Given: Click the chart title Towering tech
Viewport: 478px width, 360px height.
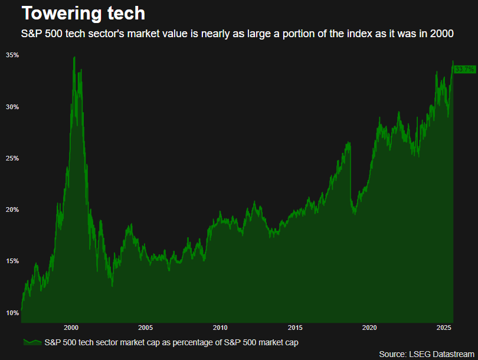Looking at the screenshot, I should point(75,13).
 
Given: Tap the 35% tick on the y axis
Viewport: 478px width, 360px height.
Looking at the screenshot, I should point(12,55).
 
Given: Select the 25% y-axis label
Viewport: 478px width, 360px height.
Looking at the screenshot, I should point(12,158).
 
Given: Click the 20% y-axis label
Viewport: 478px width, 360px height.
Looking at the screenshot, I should point(12,210).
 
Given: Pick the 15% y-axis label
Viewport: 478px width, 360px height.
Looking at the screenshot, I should point(12,261).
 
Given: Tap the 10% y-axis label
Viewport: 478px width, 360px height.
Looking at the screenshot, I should point(12,313).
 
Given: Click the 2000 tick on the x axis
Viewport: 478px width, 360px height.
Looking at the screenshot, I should point(71,328).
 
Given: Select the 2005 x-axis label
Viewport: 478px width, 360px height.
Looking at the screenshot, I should point(145,328).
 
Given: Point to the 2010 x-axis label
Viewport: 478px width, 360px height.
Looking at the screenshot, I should point(220,328).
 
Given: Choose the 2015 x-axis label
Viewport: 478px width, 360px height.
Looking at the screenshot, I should point(295,328).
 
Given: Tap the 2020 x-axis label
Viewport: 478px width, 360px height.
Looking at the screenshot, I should point(369,328).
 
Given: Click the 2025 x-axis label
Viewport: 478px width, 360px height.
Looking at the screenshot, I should point(444,328).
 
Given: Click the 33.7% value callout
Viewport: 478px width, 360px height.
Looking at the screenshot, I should point(464,70).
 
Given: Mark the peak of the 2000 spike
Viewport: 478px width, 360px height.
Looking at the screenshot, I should point(74,57).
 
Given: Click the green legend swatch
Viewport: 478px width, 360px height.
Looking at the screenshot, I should point(32,342).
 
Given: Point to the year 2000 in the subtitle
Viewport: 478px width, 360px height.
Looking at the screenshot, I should point(443,34).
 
